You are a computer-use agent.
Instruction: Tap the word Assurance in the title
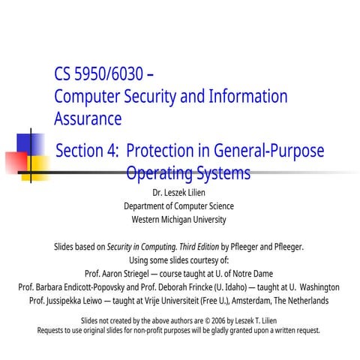88,118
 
